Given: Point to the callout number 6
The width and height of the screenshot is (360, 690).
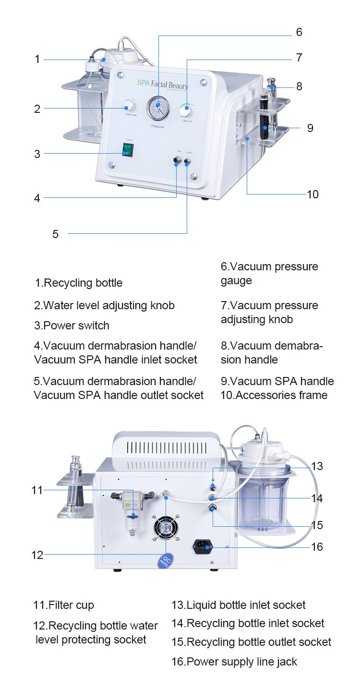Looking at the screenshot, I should click(299, 32).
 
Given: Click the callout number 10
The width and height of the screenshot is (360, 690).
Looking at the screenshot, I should click(312, 194).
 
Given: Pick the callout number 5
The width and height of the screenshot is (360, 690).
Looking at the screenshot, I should click(55, 234).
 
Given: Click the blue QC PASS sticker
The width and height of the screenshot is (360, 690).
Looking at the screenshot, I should click(166, 560).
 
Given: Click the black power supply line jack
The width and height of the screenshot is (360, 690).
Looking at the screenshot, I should click(203, 546).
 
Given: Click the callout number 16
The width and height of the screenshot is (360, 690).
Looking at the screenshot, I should click(317, 547).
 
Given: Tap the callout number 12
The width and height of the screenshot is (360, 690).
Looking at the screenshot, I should click(37, 555).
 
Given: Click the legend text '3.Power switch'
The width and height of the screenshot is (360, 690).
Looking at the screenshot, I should click(72, 326).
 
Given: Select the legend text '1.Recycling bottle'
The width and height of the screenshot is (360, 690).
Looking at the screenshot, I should click(78, 283).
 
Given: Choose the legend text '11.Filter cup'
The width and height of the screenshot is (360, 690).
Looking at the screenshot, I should click(63, 605).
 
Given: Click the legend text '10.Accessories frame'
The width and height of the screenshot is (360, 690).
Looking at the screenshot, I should click(274, 395).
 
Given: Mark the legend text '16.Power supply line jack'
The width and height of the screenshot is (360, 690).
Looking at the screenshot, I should click(234, 662).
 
